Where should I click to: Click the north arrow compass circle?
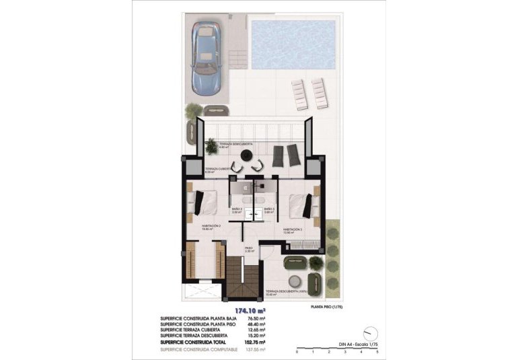pos(369,333)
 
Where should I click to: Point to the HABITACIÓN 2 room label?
pos(213,225)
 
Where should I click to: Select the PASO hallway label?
pos(248,248)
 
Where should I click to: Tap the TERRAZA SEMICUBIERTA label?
pos(229,143)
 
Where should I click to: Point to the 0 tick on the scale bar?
pos(297,351)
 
